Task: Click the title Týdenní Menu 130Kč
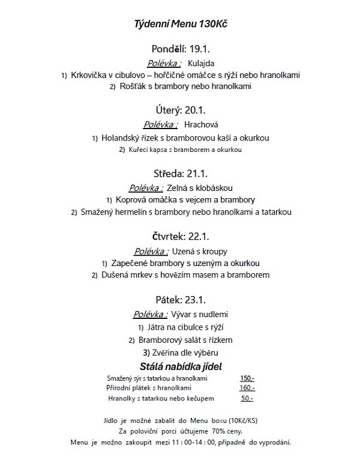click(181, 24)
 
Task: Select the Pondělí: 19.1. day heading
click(180, 49)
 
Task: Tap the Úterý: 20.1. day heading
click(180, 110)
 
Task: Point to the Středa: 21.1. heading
click(181, 174)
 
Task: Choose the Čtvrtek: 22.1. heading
click(181, 237)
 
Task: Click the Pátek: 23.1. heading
click(180, 299)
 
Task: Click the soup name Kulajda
click(201, 63)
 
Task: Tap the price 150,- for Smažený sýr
click(247, 378)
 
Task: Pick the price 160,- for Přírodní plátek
click(247, 388)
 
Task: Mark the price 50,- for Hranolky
click(247, 398)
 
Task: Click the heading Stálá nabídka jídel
click(181, 366)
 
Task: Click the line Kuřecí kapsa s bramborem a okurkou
click(185, 150)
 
